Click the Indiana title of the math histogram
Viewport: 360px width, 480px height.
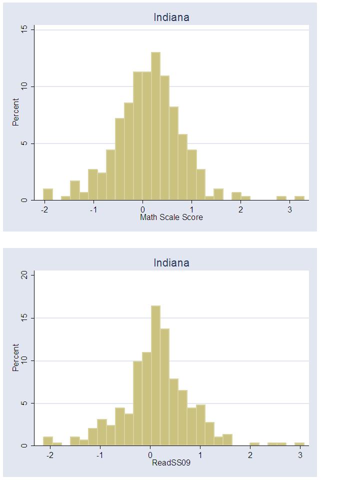coord(171,17)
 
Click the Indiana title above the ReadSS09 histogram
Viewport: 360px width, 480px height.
coord(171,262)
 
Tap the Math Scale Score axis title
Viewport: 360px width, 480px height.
coord(171,217)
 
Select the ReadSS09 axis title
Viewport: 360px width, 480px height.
coord(171,462)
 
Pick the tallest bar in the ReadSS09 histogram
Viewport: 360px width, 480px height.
coord(155,375)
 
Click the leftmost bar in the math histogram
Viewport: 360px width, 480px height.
coord(48,194)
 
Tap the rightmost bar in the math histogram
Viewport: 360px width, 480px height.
coord(299,198)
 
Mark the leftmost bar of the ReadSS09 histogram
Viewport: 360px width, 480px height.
coord(48,441)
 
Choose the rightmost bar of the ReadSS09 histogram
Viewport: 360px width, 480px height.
coord(299,444)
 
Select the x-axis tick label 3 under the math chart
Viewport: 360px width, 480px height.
coord(290,209)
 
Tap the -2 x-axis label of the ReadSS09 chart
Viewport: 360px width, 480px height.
coord(50,455)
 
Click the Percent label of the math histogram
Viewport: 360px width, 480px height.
coord(16,112)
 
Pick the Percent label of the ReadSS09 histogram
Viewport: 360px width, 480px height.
coord(16,357)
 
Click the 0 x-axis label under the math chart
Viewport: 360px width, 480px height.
coord(142,209)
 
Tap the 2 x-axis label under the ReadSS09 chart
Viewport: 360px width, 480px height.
coord(250,455)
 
